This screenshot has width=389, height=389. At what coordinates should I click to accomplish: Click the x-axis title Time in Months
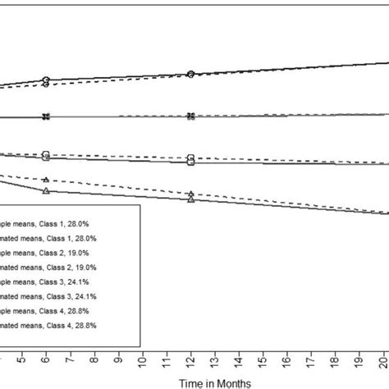tap(217, 381)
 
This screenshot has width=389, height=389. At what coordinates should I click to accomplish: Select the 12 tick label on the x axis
tap(191, 358)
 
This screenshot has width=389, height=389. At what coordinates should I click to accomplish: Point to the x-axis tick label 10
tap(143, 358)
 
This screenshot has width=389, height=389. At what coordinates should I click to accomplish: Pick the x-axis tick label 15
tap(263, 358)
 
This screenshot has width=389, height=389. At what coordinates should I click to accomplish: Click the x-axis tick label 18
tap(336, 358)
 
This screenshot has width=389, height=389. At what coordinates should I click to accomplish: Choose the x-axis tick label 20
tap(383, 358)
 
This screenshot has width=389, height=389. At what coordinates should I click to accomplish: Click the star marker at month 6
tap(46, 117)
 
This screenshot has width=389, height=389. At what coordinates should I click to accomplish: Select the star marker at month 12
tap(190, 116)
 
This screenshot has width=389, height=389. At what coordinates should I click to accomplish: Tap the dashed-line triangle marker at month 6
tap(46, 180)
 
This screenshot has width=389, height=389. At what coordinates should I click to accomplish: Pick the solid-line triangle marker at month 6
tap(46, 190)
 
